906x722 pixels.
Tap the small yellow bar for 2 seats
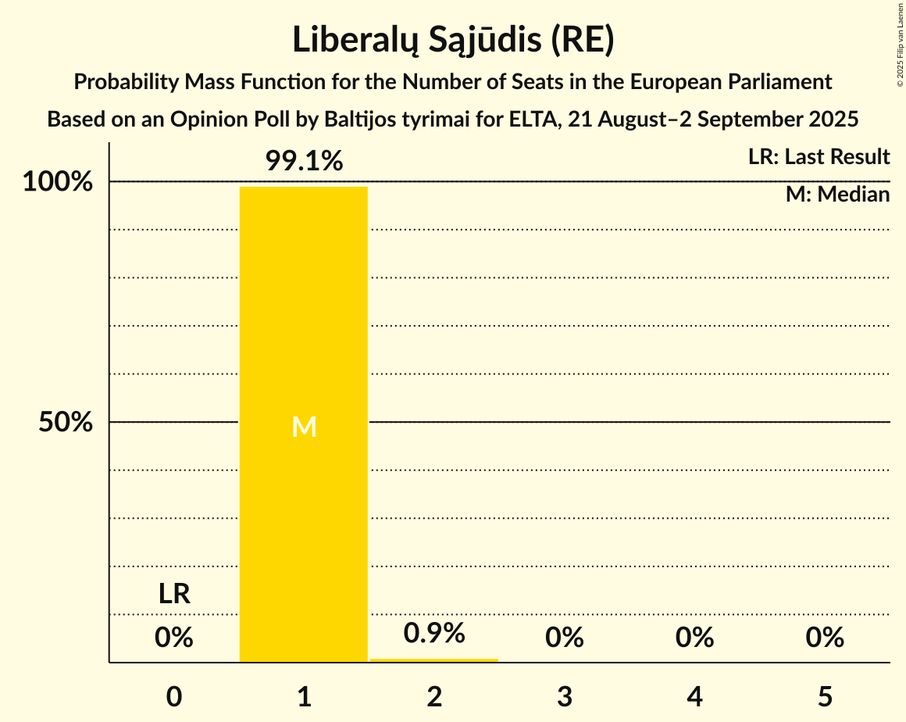[433, 660]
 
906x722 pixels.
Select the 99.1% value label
[304, 161]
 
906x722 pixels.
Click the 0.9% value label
[434, 633]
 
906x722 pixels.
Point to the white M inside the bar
[304, 427]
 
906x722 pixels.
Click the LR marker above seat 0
[174, 594]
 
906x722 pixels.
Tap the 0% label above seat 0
[173, 638]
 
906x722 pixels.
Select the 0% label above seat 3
[565, 638]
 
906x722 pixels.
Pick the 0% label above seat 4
[695, 638]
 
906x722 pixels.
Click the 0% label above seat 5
[826, 638]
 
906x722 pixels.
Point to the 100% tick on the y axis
[57, 182]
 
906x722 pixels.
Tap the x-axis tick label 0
[174, 696]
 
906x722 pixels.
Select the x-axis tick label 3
[565, 696]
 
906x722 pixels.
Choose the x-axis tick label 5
[826, 696]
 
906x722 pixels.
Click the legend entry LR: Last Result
[819, 157]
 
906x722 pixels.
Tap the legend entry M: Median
[837, 194]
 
